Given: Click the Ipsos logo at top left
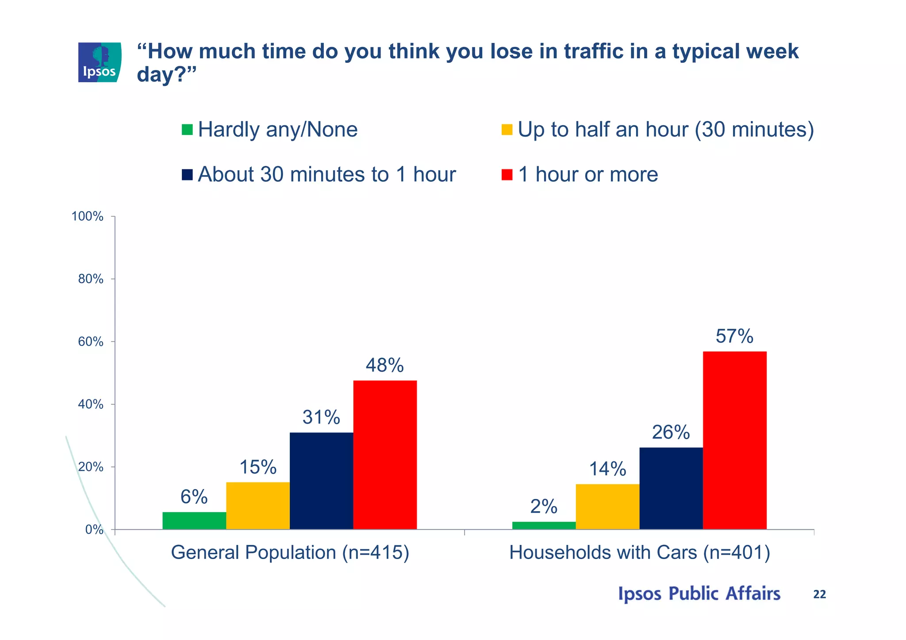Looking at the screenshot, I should [100, 62].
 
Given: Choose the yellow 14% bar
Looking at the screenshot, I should [607, 506].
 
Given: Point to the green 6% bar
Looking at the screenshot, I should [194, 520].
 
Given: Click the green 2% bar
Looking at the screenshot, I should [544, 525].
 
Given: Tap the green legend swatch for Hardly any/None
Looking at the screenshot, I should [187, 130].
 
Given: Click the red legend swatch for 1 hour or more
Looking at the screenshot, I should [507, 175].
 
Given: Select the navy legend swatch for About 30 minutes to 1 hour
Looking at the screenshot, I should [187, 175].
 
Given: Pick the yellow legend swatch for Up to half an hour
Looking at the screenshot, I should [507, 130].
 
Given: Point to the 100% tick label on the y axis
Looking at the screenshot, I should [88, 216].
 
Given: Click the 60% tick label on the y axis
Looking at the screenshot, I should [90, 341].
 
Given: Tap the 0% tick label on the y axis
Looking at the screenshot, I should [94, 529].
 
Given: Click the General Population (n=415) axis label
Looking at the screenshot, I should [290, 552].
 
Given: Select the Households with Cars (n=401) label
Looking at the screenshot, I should [640, 552].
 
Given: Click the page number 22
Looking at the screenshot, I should [819, 594].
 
